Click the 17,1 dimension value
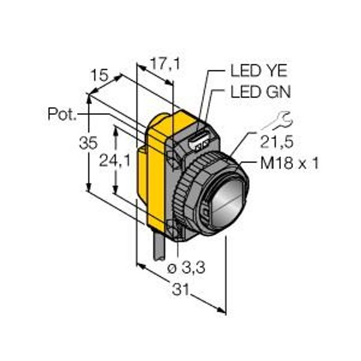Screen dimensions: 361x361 pos(165,64)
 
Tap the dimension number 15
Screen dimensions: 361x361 pos(99,75)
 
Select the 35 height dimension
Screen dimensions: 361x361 pos(88,143)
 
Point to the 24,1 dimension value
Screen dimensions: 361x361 pos(115,161)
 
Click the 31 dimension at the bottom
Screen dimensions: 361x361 pos(180,289)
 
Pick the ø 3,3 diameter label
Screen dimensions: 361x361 pos(186,268)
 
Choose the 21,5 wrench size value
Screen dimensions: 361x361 pos(277,142)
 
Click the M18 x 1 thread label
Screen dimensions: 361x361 pos(289,164)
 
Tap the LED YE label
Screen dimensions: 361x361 pos(259,70)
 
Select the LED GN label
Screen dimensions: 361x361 pos(261,92)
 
